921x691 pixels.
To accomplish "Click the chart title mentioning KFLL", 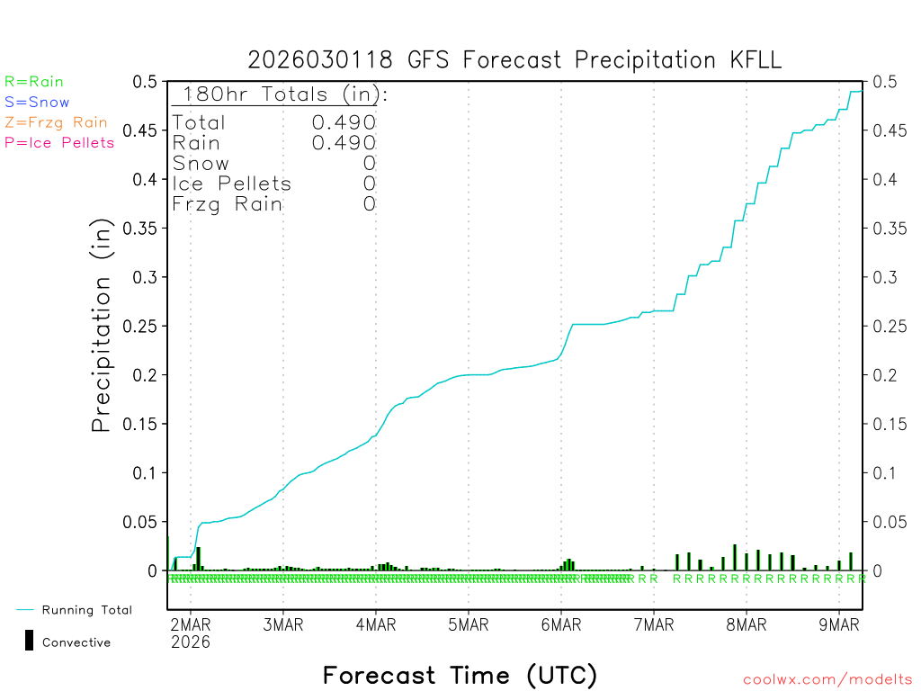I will coord(514,60).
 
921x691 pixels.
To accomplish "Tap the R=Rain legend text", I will coord(34,82).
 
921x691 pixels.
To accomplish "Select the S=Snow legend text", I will coord(37,103).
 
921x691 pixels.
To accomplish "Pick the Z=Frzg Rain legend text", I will coord(56,122).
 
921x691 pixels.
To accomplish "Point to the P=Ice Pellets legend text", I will coord(59,142).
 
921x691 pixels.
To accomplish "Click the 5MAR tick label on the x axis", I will coord(468,624).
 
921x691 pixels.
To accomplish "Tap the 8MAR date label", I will coord(746,624).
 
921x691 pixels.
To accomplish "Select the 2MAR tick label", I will coord(190,624).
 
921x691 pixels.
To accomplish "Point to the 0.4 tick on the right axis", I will coord(884,180).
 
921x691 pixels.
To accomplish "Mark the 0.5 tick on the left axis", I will coord(146,82).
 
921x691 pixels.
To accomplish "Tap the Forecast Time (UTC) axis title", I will coord(460,675).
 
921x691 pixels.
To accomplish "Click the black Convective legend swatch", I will coord(30,640).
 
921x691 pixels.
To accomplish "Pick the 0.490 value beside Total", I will coord(344,122).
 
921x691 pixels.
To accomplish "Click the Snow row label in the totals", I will coord(201,164).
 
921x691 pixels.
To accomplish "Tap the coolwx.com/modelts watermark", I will coord(827,680).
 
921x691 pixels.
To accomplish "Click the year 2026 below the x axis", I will coord(190,642).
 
